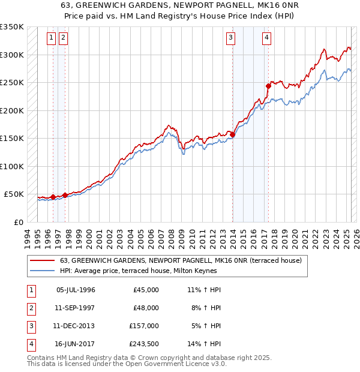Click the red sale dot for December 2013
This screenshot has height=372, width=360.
232,135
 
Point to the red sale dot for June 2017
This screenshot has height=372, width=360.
268,86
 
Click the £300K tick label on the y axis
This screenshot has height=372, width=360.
12,55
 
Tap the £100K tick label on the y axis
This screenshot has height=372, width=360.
12,166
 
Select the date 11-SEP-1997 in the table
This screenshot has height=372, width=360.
76,308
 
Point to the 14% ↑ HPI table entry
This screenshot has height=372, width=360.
204,344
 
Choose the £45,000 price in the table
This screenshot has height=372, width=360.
146,290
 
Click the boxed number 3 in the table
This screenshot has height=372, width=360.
31,326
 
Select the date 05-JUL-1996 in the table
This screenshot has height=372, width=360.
76,290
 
